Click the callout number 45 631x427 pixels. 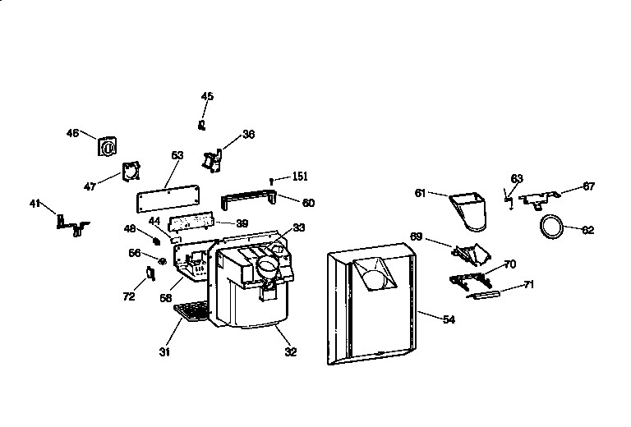[207, 97]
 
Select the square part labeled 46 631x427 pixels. [106, 146]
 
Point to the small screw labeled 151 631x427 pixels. [270, 181]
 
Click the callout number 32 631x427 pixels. [291, 352]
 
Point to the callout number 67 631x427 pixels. [588, 186]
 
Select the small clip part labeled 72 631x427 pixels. [150, 272]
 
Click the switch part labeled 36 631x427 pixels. [215, 159]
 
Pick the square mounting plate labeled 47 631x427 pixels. [130, 172]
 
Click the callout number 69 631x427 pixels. [417, 236]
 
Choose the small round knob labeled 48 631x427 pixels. [154, 241]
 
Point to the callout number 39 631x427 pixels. [242, 223]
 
